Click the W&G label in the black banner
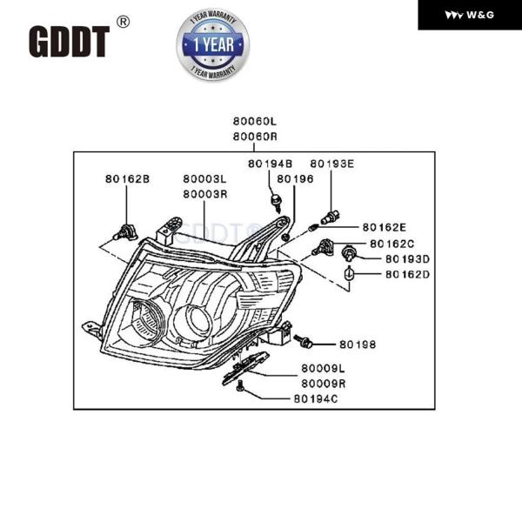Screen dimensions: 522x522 click(470, 15)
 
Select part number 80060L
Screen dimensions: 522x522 click(254, 123)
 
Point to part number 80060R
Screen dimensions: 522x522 click(254, 137)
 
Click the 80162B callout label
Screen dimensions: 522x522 click(128, 179)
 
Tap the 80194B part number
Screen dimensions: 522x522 click(270, 164)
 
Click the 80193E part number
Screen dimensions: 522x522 click(332, 164)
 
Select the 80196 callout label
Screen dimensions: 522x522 click(295, 179)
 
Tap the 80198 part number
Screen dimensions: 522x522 click(358, 345)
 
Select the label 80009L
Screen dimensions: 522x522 click(324, 369)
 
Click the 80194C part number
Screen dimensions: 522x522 click(315, 399)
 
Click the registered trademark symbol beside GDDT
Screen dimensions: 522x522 click(123, 23)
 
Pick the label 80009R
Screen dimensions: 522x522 click(324, 383)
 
